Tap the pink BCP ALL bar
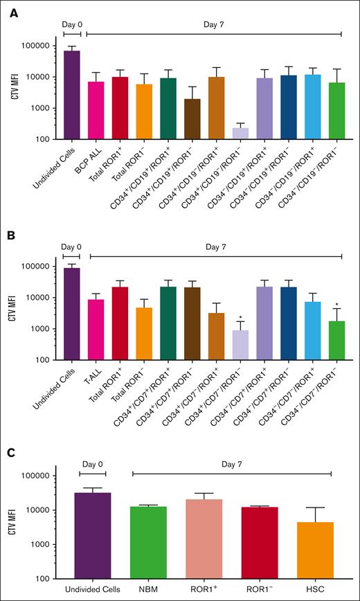(95, 111)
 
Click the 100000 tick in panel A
(36, 46)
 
